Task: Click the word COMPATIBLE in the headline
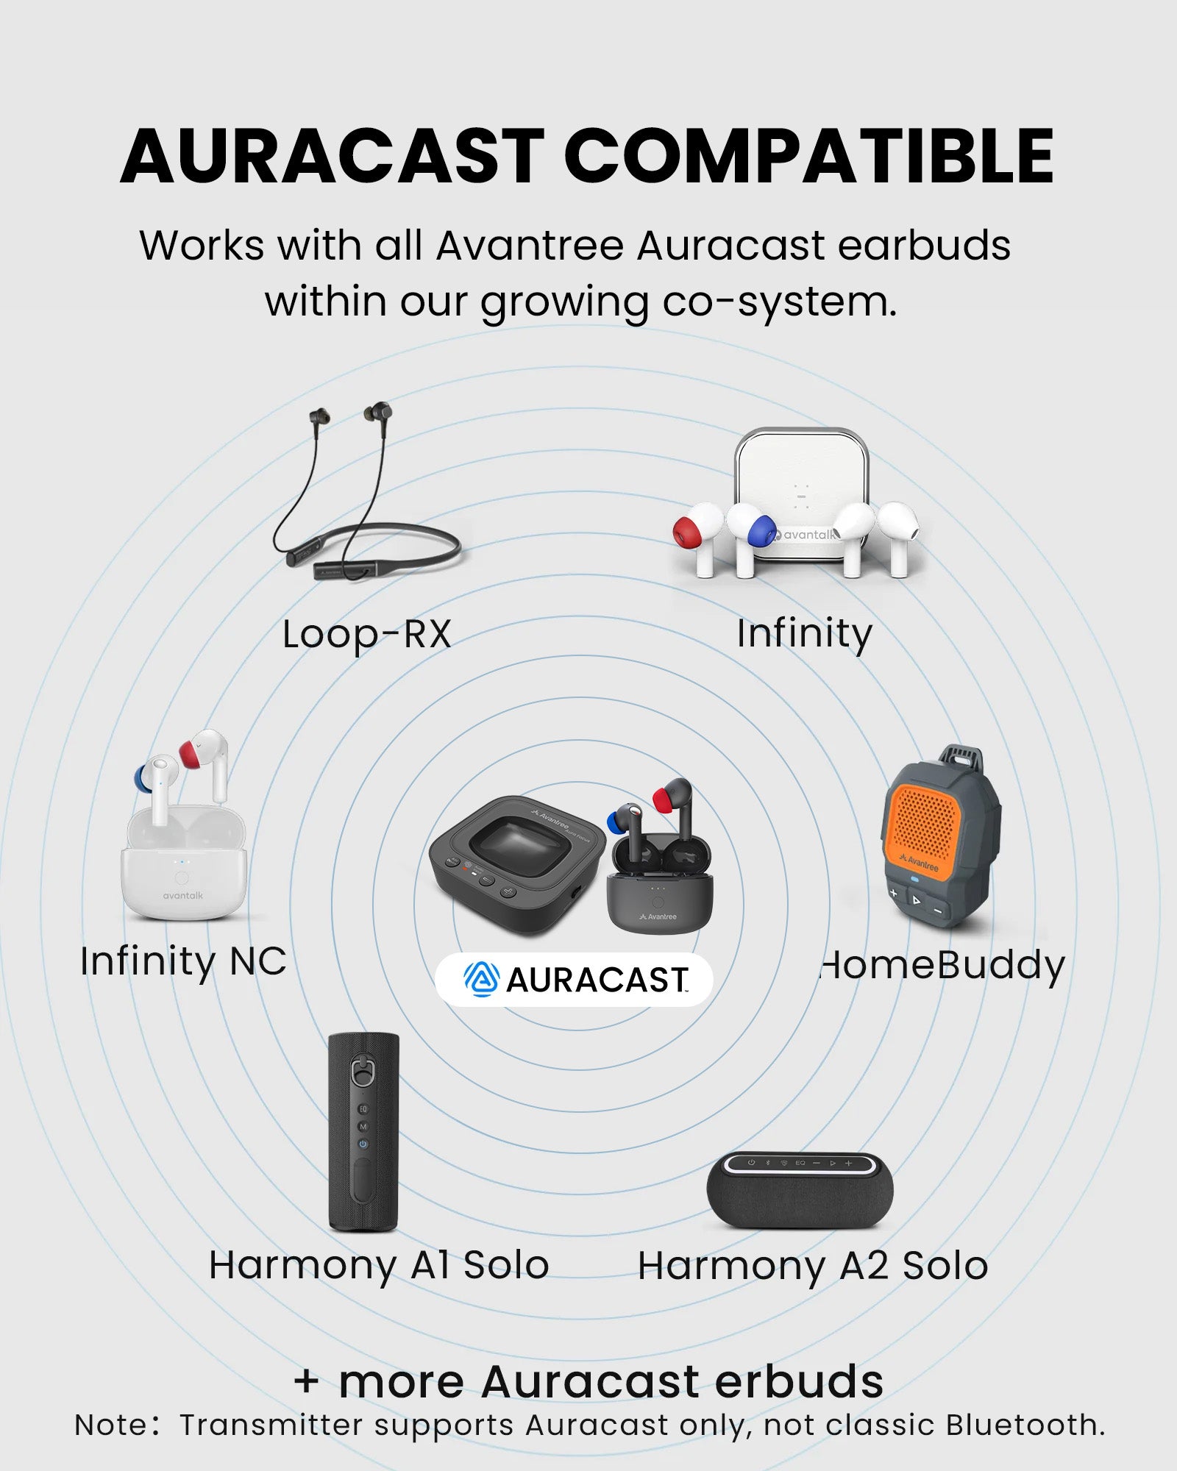pos(809,156)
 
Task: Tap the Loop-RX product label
pos(366,633)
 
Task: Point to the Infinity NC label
pos(183,961)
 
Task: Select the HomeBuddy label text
pos(942,966)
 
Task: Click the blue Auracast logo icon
pos(482,979)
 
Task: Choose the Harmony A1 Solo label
pos(379,1266)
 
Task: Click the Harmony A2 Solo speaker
pos(800,1190)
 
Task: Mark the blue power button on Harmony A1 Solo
pos(363,1144)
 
